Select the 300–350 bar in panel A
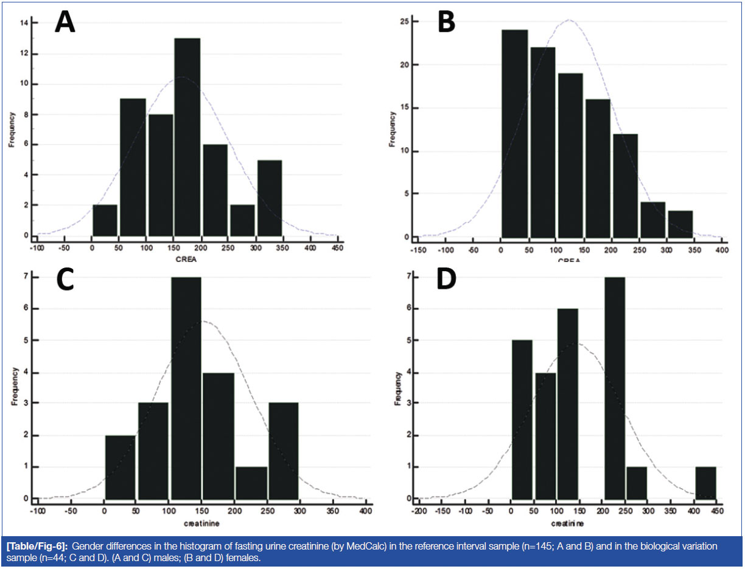click(x=269, y=198)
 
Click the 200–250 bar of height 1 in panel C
click(x=251, y=483)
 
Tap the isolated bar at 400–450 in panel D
click(x=705, y=483)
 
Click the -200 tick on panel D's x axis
click(x=419, y=511)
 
